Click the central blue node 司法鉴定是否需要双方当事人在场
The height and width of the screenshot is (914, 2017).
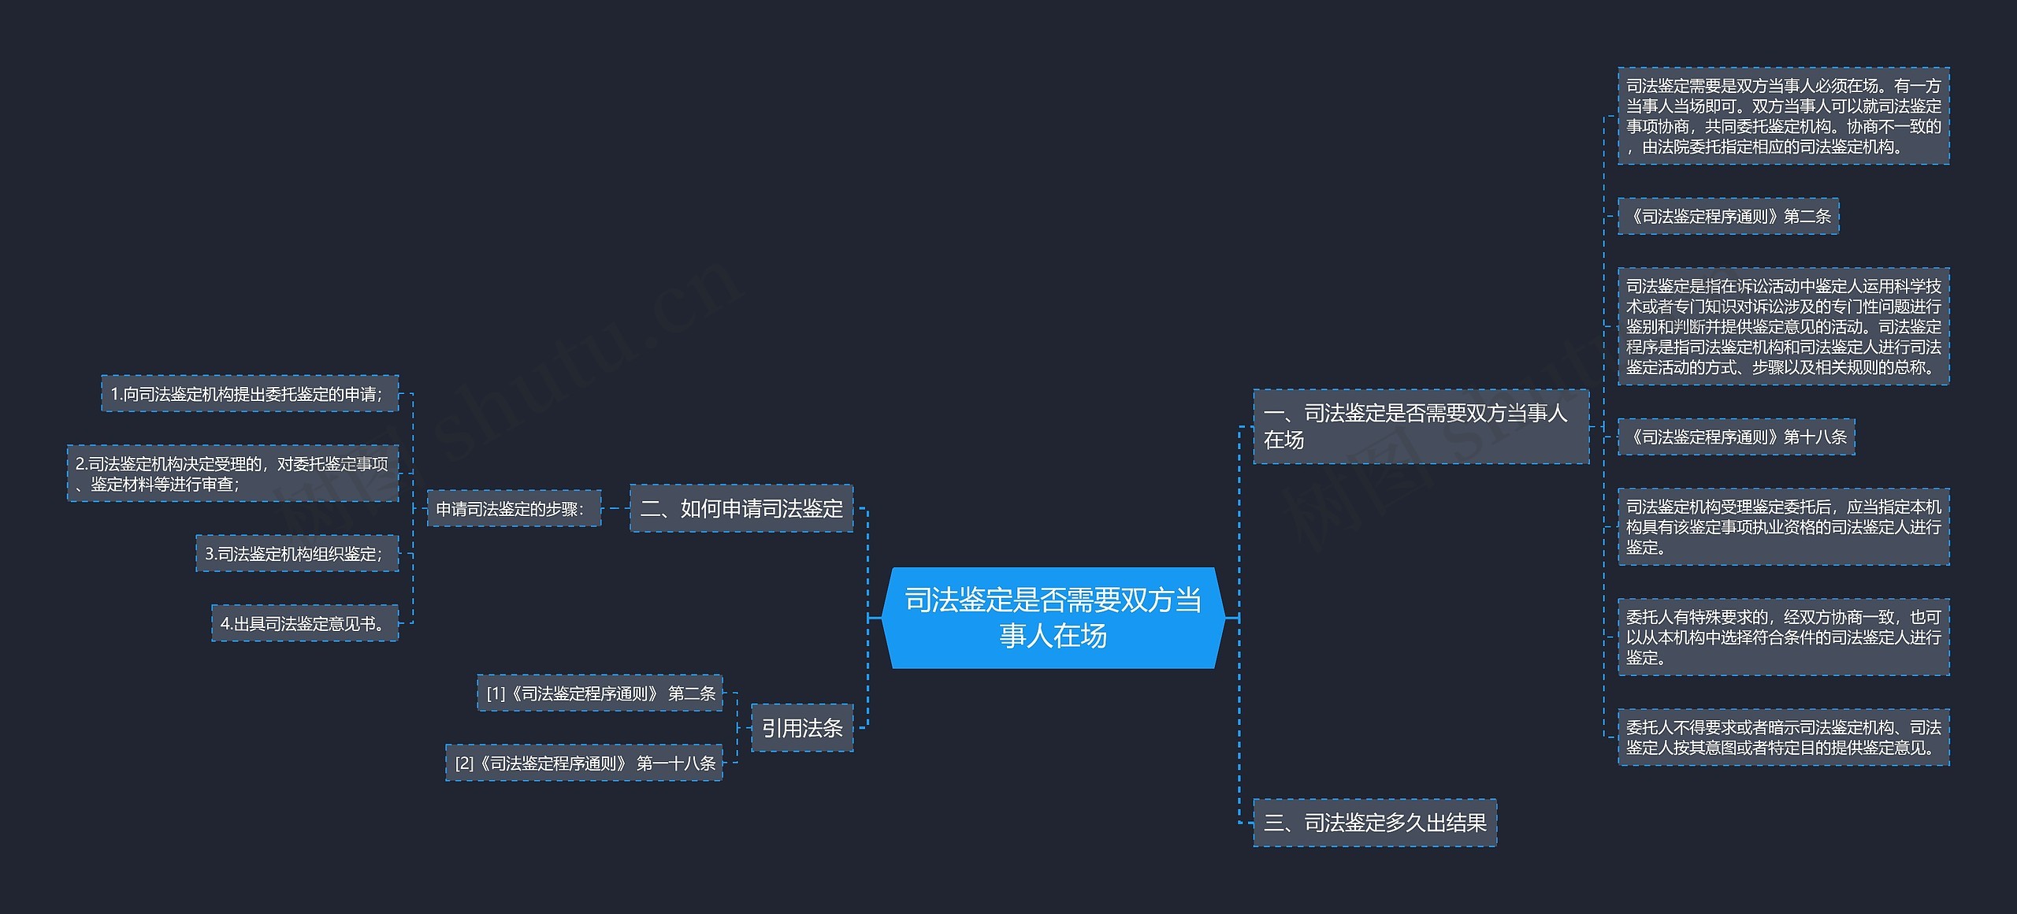[x=1053, y=618]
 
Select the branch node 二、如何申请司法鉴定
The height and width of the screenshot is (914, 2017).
[x=741, y=508]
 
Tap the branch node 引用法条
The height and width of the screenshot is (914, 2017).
[x=802, y=727]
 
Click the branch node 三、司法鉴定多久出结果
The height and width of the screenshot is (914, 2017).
[x=1374, y=823]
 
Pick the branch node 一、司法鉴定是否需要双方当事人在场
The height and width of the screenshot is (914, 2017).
[x=1421, y=426]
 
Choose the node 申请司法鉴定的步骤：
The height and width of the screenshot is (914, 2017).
[x=514, y=509]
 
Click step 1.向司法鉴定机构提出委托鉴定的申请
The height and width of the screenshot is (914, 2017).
[x=250, y=394]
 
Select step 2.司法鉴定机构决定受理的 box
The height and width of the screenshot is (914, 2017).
[x=233, y=474]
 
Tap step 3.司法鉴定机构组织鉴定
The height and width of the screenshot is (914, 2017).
[x=297, y=554]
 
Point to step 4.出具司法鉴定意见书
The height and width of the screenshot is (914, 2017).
[x=305, y=623]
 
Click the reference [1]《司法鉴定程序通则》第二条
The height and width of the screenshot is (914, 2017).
[x=600, y=693]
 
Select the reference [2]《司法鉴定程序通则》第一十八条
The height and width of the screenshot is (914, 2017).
[x=584, y=763]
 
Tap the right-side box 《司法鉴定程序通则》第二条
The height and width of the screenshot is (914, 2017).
[x=1728, y=216]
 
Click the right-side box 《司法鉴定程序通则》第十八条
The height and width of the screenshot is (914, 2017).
[x=1736, y=437]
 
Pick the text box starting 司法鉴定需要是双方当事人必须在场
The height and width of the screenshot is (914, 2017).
[x=1783, y=116]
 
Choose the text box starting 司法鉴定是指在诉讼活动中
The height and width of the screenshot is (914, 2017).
[x=1783, y=326]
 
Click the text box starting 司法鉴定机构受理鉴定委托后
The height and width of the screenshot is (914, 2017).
[x=1783, y=526]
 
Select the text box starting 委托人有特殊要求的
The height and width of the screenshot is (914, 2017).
[x=1783, y=637]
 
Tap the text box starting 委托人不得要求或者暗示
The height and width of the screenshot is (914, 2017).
[x=1783, y=737]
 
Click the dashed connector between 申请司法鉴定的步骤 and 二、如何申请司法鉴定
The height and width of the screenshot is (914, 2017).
[x=615, y=508]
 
